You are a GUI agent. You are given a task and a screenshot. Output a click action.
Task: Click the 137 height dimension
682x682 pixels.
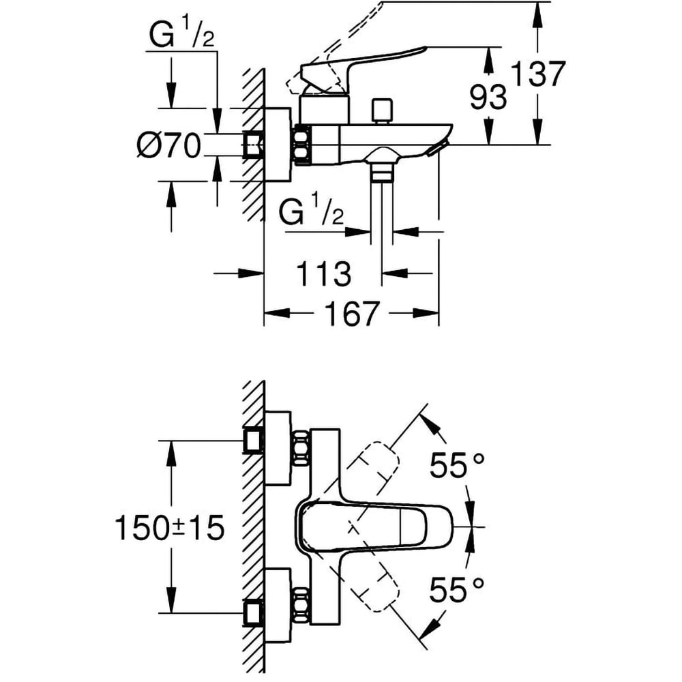tap(539, 74)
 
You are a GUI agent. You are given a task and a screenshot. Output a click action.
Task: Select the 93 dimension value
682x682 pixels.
tap(488, 98)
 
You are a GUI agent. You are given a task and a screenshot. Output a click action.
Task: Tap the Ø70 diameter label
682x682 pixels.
tap(168, 145)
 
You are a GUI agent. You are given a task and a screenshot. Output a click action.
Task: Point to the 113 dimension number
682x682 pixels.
tap(323, 274)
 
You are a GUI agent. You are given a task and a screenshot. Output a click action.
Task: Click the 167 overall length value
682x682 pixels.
tap(351, 314)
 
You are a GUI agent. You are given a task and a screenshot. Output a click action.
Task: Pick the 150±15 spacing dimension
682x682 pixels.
tap(169, 529)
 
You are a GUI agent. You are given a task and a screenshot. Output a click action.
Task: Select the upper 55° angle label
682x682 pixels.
tap(456, 466)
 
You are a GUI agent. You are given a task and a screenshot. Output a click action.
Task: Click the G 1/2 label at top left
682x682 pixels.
tap(181, 38)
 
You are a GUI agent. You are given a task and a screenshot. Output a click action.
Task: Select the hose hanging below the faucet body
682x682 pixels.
tap(383, 205)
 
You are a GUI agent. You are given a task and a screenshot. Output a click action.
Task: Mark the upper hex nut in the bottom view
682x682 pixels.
tap(300, 449)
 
